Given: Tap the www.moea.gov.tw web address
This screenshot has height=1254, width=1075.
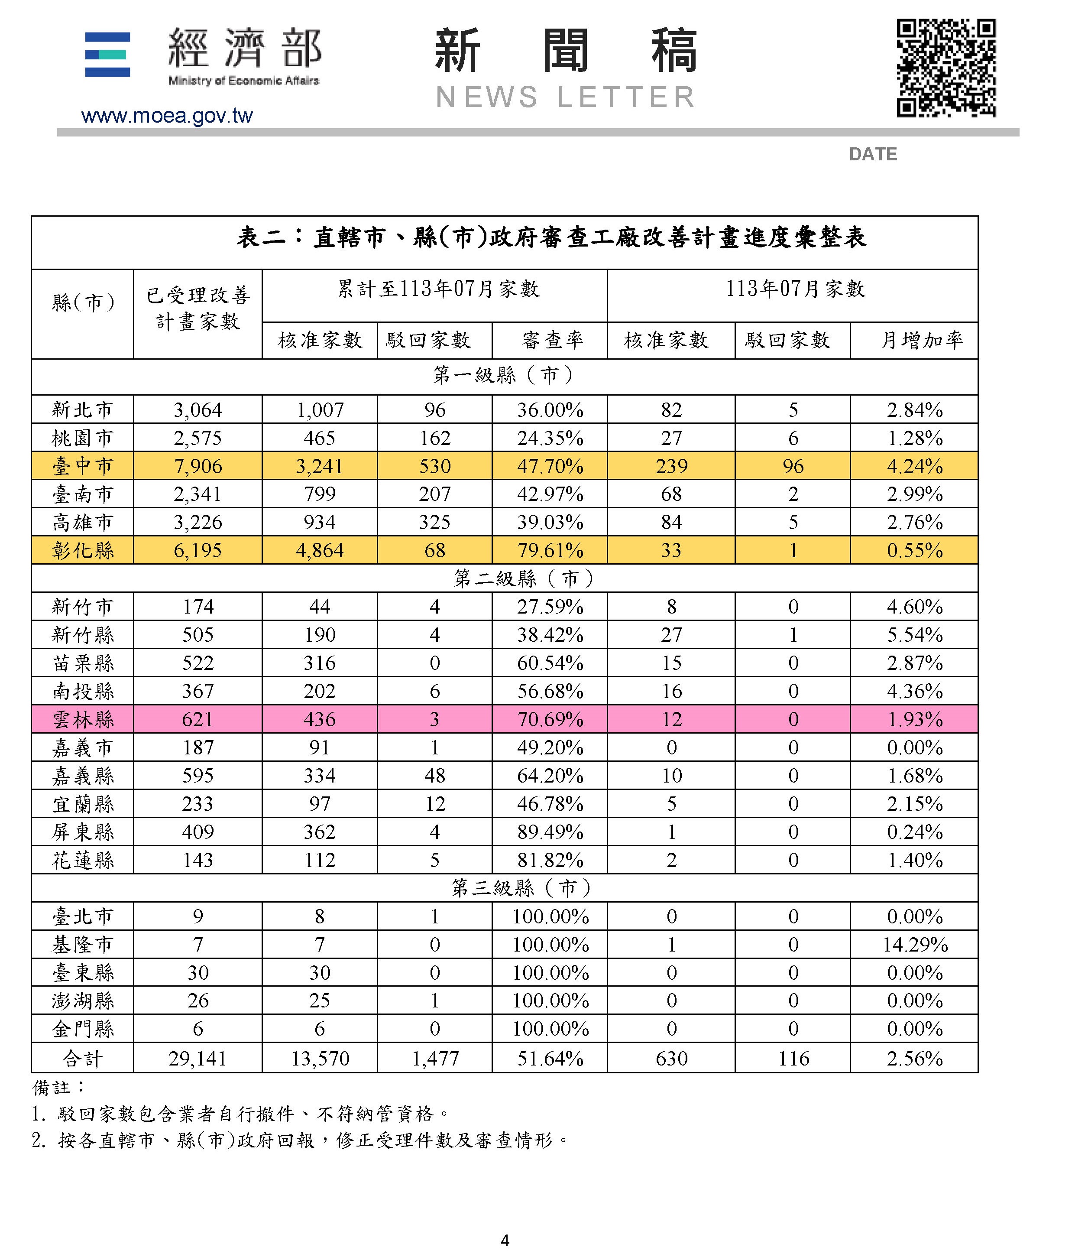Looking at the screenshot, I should click(x=167, y=116).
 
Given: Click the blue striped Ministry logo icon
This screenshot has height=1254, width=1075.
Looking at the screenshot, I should click(x=108, y=55).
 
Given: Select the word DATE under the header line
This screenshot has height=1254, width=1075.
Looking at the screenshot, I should click(x=872, y=154).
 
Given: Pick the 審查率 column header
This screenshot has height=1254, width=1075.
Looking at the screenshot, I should click(x=552, y=340).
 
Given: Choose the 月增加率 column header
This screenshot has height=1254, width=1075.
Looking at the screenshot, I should click(x=921, y=340).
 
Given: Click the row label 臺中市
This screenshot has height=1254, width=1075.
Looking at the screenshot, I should click(x=83, y=466).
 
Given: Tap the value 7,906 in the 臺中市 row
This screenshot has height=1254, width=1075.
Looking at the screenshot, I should click(x=198, y=466).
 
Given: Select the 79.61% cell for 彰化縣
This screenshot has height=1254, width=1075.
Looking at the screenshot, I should click(x=550, y=550).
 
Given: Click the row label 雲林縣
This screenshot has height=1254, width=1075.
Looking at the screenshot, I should click(x=83, y=719).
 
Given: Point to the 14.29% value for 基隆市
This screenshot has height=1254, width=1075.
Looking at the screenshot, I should click(x=915, y=945).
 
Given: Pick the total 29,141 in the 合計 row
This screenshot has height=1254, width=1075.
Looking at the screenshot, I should click(x=198, y=1059).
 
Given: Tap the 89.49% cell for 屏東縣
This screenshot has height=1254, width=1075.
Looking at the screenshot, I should click(x=550, y=832).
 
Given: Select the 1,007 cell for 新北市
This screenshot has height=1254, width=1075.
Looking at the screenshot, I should click(x=319, y=410).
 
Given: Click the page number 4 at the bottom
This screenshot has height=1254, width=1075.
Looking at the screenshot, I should click(x=505, y=1240).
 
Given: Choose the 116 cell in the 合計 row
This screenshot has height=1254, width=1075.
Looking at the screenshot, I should click(x=793, y=1059).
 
